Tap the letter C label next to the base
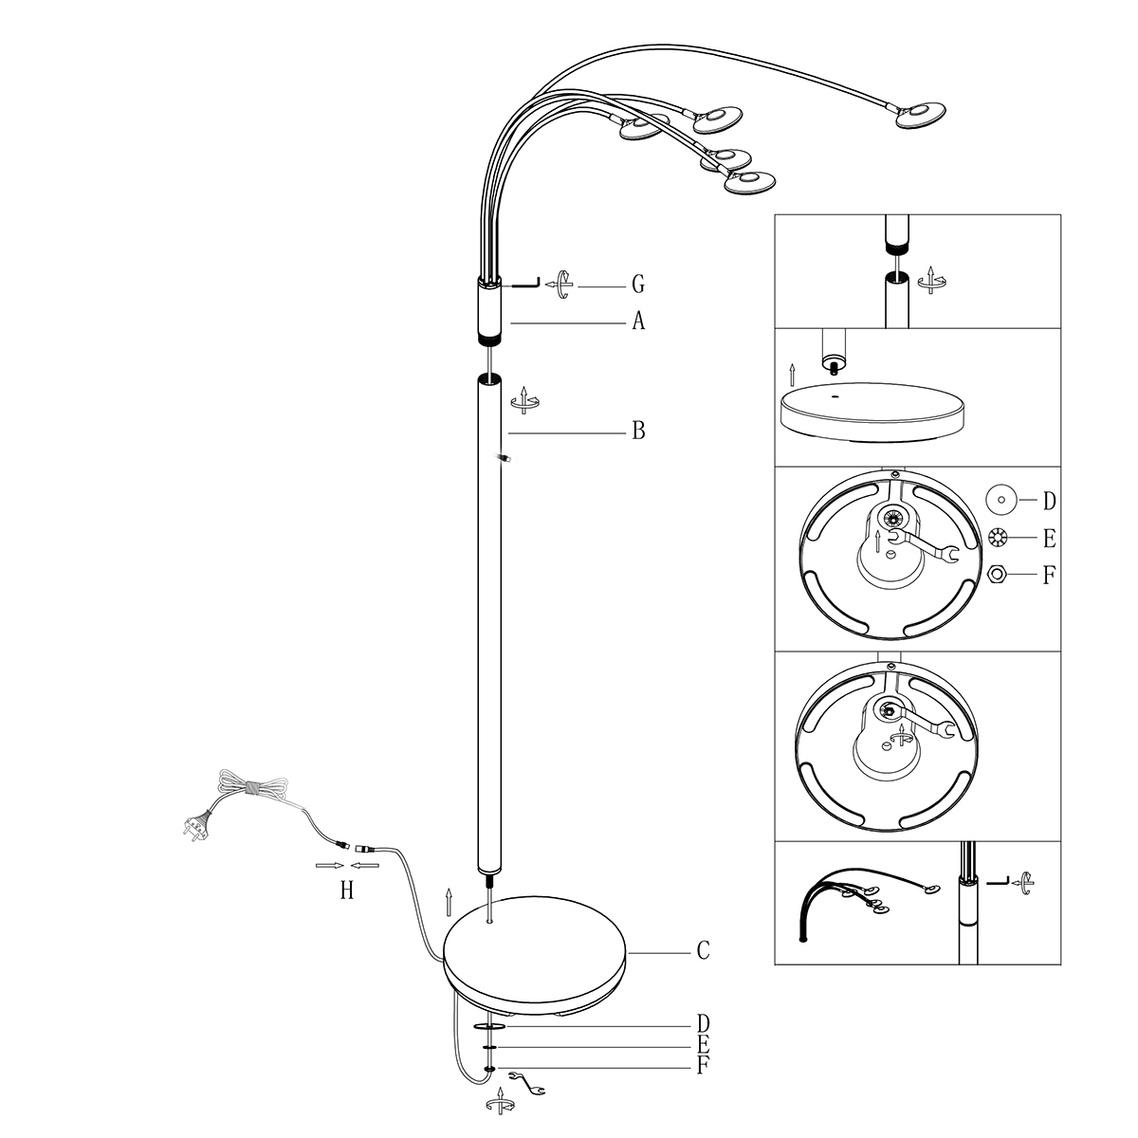[703, 949]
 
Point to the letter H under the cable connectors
[347, 890]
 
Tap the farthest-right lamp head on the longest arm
[919, 115]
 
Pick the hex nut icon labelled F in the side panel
[997, 574]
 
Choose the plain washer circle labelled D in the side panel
[1001, 499]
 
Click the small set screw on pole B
[505, 459]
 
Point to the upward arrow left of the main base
[449, 902]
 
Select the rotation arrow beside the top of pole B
[523, 400]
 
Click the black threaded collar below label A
[489, 338]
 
